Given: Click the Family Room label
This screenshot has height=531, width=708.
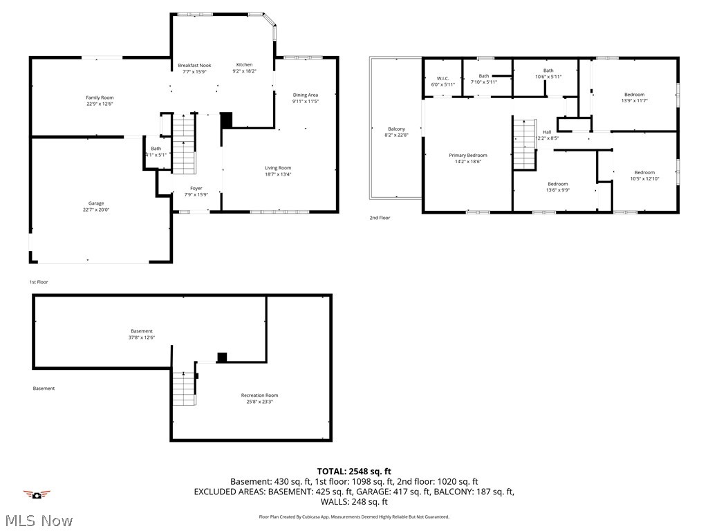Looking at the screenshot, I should [100, 97].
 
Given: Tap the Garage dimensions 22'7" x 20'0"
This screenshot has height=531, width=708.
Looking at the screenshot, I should [95, 209].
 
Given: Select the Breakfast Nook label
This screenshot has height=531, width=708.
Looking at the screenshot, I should [194, 65].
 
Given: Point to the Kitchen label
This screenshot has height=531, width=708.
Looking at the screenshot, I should [244, 65].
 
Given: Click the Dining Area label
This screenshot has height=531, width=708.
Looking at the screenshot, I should [305, 95].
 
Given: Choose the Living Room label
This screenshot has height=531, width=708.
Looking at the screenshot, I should [278, 168].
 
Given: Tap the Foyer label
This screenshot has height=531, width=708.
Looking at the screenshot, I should [196, 188].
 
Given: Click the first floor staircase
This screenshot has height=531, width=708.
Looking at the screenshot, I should [184, 145].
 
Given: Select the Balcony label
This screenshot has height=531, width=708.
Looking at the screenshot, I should [396, 129].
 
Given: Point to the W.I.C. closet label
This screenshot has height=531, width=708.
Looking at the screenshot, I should [442, 78].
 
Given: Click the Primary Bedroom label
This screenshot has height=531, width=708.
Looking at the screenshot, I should [467, 156].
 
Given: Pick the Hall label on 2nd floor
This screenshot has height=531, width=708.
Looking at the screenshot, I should [547, 132].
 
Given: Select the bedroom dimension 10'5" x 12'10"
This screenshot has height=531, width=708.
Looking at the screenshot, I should [644, 179].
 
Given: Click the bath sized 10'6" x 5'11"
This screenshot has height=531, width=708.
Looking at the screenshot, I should [548, 77].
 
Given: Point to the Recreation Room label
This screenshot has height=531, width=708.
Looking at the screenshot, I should [259, 395].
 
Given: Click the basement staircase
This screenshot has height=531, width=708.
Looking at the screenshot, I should [184, 389].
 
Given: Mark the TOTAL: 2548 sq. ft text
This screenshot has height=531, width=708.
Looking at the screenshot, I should [353, 470].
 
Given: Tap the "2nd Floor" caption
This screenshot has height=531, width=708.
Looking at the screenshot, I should [380, 218].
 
